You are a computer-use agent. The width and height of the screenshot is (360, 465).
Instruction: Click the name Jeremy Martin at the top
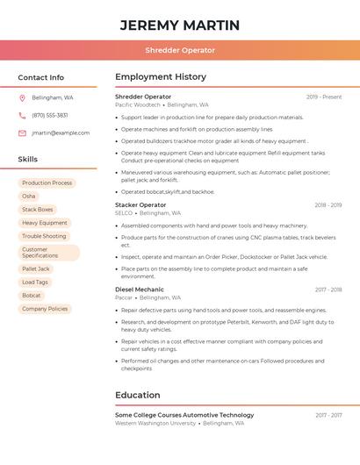[x=180, y=25]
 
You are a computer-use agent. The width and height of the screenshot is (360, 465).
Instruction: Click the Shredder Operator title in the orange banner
[x=180, y=50]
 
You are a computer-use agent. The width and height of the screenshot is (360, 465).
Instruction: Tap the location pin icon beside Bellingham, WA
[x=22, y=97]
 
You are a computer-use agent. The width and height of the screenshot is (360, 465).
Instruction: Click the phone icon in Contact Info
[x=22, y=115]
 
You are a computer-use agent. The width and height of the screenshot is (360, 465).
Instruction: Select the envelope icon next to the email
[x=22, y=132]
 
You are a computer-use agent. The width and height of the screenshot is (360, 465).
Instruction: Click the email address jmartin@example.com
[x=61, y=132]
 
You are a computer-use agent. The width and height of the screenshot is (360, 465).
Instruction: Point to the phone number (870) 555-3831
[x=50, y=115]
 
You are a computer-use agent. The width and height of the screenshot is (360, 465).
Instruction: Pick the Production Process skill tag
[x=47, y=182]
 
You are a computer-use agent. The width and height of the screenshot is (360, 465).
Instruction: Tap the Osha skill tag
[x=29, y=196]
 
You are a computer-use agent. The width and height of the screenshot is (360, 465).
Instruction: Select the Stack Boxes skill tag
[x=38, y=210]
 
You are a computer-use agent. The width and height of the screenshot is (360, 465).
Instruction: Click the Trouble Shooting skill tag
[x=44, y=236]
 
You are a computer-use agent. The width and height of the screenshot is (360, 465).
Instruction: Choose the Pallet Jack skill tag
[x=36, y=268]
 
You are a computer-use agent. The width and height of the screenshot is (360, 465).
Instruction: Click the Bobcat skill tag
[x=32, y=296]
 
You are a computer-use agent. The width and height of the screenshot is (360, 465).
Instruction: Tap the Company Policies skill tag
[x=45, y=309]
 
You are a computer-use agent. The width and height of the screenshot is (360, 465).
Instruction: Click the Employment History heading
[x=161, y=77]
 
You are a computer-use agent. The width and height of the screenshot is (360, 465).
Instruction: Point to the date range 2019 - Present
[x=324, y=97]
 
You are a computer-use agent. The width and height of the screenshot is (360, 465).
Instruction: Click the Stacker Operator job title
[x=140, y=204]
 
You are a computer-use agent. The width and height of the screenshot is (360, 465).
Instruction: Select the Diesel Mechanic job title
[x=140, y=289]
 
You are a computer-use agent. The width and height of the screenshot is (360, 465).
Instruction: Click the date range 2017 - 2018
[x=328, y=289]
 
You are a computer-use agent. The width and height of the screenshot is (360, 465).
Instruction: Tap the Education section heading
[x=138, y=395]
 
